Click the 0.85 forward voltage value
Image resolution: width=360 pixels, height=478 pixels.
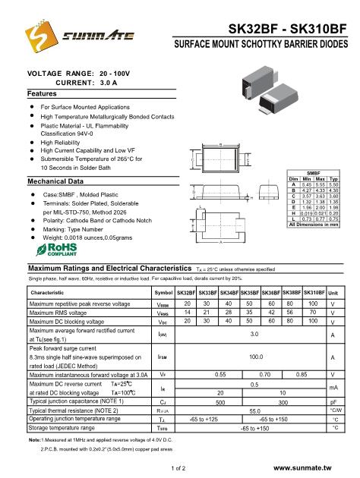(x=302, y=375)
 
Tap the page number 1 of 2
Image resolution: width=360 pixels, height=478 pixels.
(x=179, y=469)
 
